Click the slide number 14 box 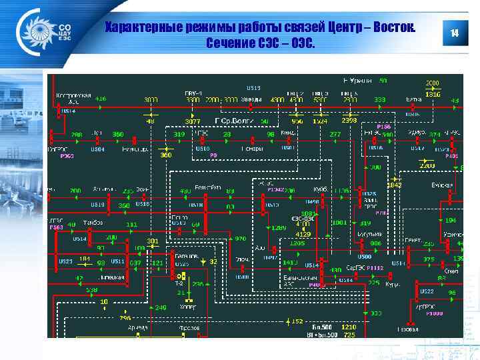point(455,33)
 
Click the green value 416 point(100,99)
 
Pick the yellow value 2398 point(349,121)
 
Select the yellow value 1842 point(395,185)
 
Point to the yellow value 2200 point(425,165)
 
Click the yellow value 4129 point(303,234)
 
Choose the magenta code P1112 point(375,267)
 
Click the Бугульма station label point(371,234)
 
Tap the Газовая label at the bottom point(407,329)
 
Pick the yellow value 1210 point(349,327)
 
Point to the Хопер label point(187,307)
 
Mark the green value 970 point(240,238)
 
